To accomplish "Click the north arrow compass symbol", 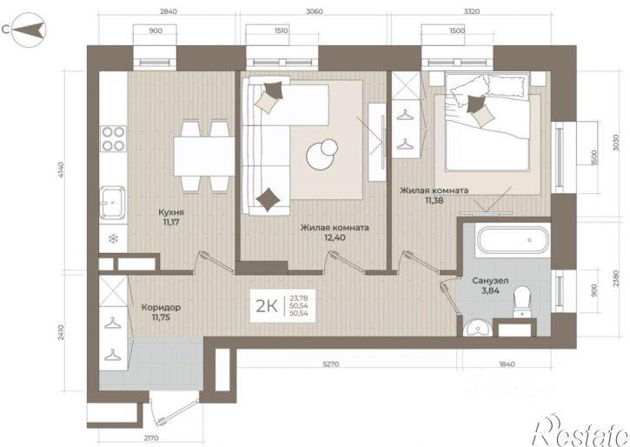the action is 29,30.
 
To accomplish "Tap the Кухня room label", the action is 171,212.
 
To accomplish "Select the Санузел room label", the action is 490,281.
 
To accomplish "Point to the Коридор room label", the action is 161,308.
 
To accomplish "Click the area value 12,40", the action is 335,237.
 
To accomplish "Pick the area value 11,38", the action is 434,200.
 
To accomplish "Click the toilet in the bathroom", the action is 523,301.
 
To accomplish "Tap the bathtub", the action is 512,239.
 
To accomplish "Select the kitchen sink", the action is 112,203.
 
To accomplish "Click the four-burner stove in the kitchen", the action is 113,138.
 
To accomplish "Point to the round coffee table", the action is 322,154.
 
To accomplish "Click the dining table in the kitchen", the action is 204,156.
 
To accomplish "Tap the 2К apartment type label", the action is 267,306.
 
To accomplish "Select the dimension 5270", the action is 331,364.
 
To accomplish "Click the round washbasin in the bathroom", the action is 477,329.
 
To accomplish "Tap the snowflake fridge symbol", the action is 113,239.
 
